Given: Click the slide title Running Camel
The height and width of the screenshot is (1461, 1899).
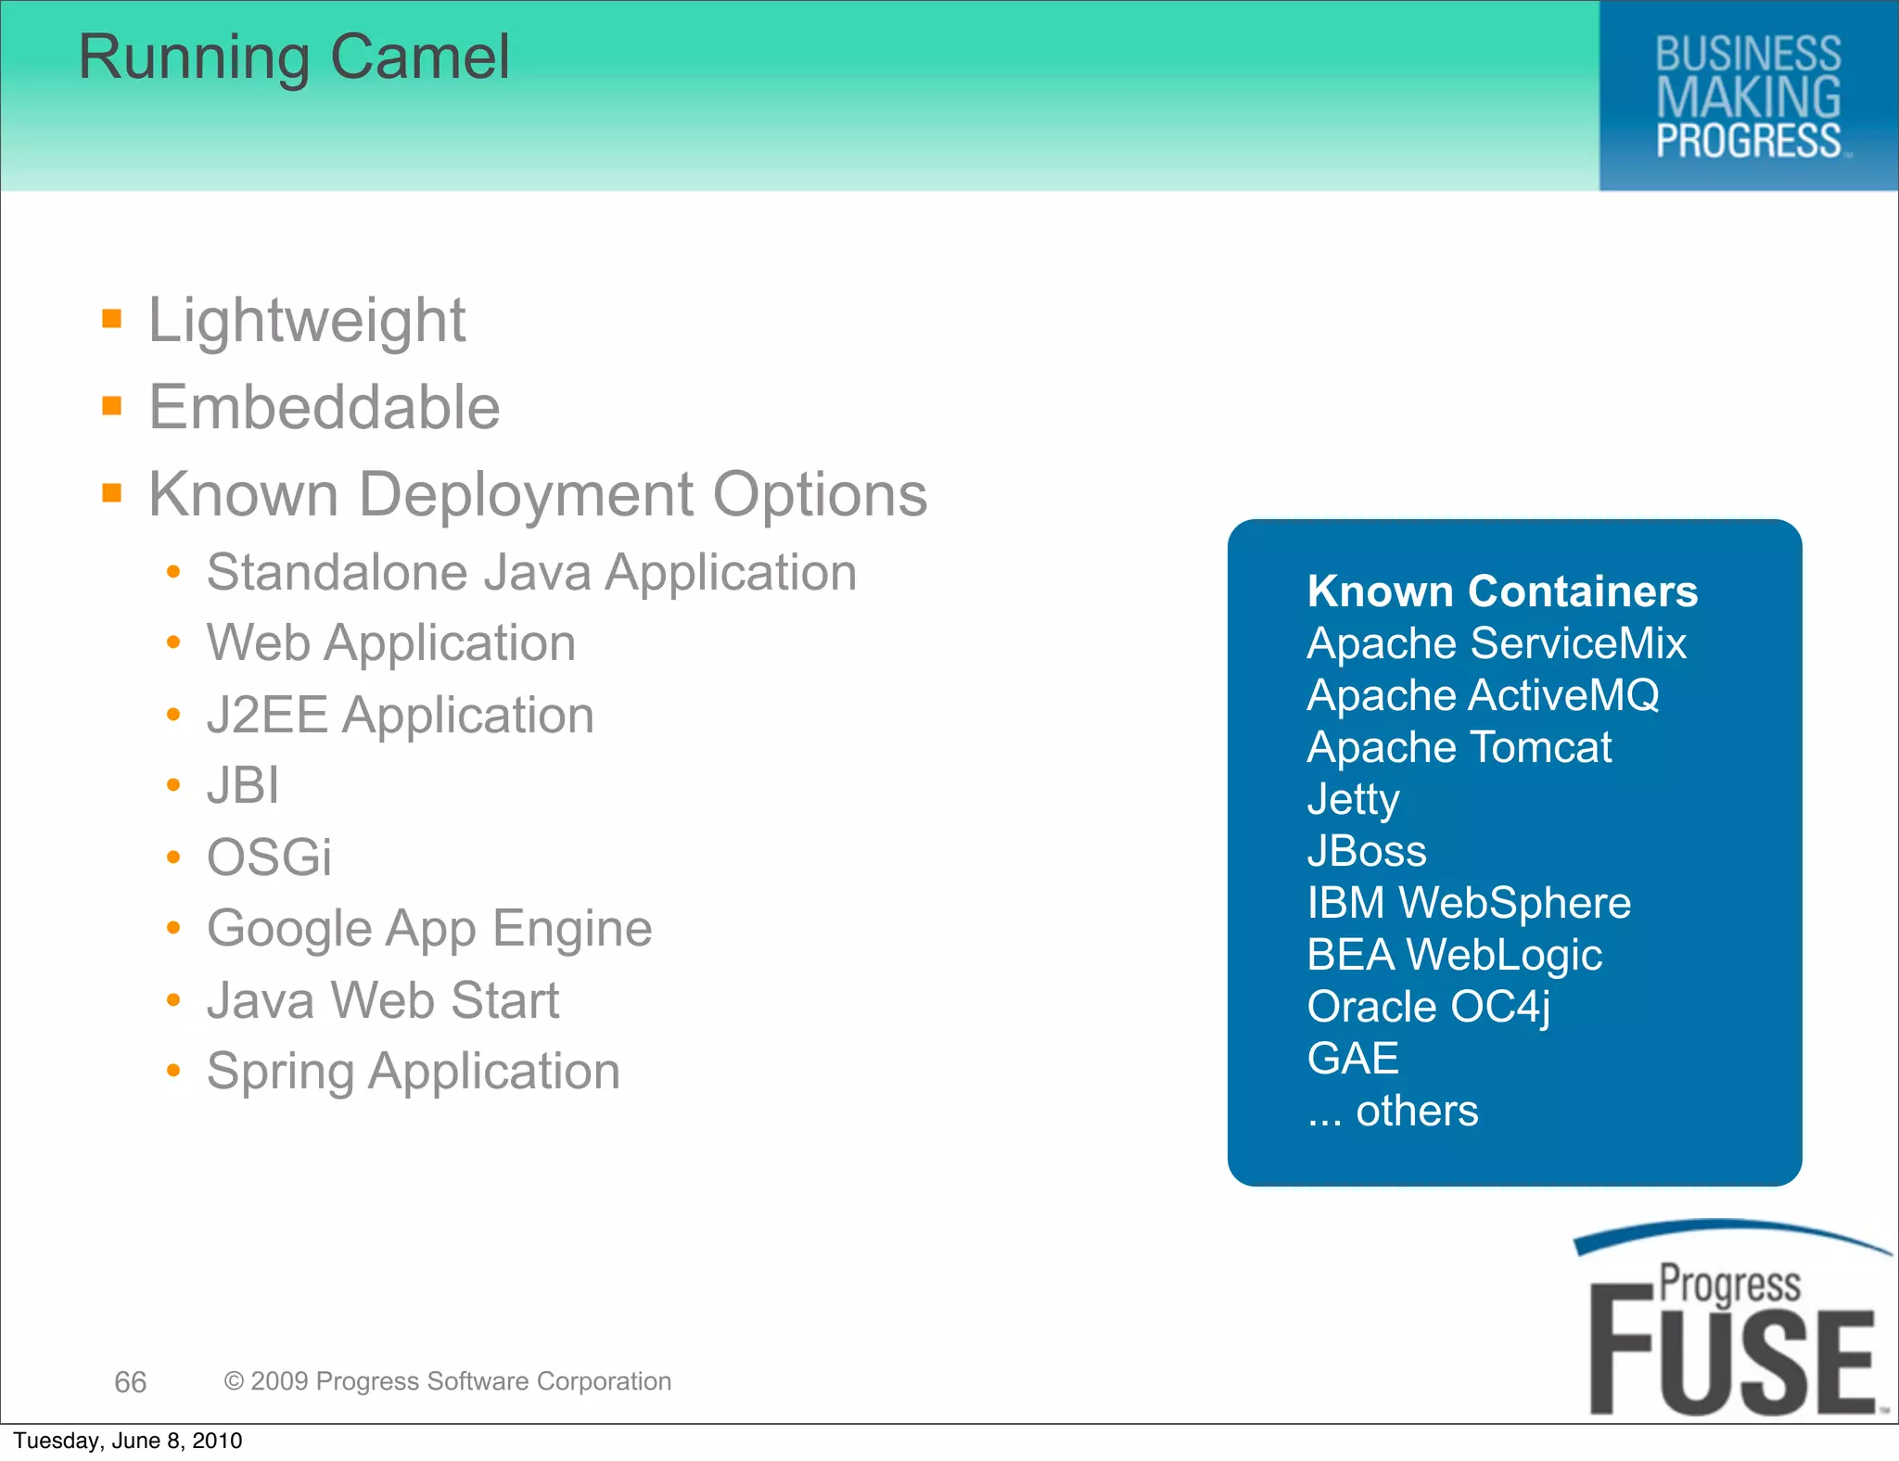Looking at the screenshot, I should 294,57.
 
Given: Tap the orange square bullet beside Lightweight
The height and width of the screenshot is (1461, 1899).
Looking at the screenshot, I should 112,320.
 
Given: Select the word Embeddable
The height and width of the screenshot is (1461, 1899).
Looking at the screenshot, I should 325,407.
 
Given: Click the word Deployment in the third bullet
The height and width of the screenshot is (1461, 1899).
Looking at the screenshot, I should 526,494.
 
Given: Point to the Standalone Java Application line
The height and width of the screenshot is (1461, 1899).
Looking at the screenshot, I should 531,572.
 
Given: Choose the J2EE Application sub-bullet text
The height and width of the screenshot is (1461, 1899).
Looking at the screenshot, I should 400,715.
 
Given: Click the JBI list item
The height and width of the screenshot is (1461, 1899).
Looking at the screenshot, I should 243,785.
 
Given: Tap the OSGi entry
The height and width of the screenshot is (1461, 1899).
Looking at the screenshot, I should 269,857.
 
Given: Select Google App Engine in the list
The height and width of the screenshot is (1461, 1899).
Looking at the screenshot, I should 429,928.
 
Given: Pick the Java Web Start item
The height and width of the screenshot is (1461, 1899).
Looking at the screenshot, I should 383,1000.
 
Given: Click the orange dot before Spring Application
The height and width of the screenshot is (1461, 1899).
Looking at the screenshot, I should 173,1072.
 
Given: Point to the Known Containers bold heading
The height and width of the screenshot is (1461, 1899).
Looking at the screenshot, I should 1502,591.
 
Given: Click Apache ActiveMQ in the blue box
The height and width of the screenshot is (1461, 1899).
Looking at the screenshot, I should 1483,695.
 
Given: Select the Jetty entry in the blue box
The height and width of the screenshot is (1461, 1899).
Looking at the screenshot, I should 1353,799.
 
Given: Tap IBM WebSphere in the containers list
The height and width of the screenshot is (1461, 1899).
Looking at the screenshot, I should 1469,903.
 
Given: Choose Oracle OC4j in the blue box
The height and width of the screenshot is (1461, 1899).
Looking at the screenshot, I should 1428,1007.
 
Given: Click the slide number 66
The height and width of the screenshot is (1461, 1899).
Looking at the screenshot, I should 131,1382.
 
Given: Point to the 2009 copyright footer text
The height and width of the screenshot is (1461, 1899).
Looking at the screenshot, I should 448,1381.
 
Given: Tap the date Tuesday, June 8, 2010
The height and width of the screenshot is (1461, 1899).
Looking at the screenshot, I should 128,1441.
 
